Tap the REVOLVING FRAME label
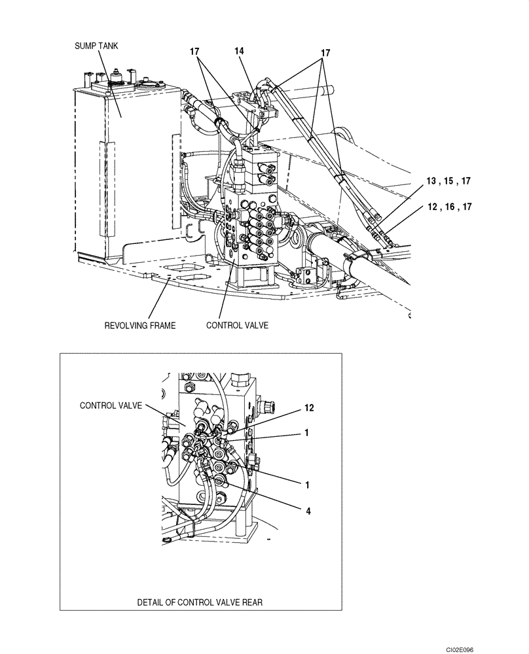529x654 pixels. pyautogui.click(x=139, y=325)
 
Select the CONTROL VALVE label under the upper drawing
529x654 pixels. pyautogui.click(x=237, y=325)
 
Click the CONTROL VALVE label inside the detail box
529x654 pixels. pyautogui.click(x=111, y=405)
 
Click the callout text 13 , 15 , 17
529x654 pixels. pyautogui.click(x=448, y=180)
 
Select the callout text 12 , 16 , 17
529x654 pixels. pyautogui.click(x=448, y=207)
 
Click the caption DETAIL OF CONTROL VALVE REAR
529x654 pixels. pyautogui.click(x=200, y=602)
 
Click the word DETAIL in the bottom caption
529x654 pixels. pyautogui.click(x=150, y=602)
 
